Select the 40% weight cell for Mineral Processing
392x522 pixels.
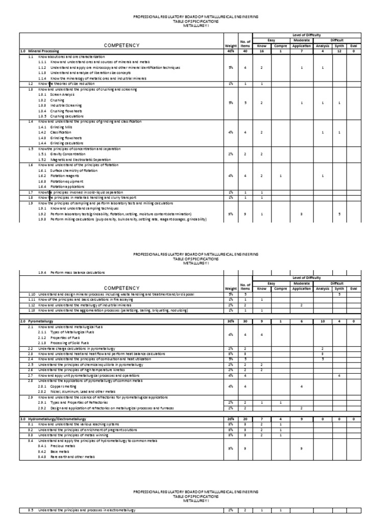(x=231, y=51)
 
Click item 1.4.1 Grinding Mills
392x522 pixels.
(x=54, y=126)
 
